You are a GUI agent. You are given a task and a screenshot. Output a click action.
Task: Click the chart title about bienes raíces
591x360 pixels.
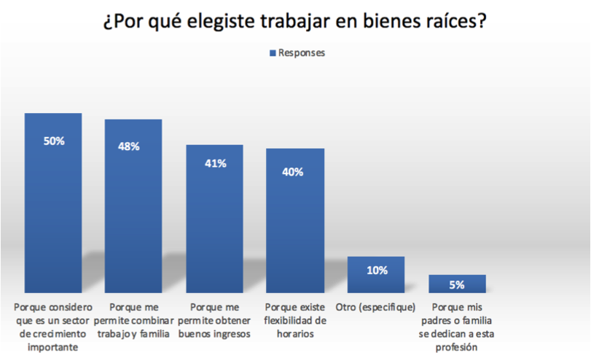point(295,22)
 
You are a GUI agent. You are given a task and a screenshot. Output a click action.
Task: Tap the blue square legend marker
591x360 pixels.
point(273,53)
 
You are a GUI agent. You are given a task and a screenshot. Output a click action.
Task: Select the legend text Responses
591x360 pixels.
point(302,53)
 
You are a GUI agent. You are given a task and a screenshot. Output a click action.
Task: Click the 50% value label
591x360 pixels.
point(54,141)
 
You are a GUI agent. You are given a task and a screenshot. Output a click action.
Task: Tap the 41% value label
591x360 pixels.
point(215,164)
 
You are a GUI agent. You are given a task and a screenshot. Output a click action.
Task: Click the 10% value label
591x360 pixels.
point(377,270)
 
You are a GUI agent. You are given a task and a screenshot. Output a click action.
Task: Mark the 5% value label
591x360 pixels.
point(458,285)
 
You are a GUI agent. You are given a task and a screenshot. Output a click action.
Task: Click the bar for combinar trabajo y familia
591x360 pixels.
point(133,219)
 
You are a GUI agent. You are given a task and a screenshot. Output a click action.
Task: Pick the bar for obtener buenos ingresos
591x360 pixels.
point(214,226)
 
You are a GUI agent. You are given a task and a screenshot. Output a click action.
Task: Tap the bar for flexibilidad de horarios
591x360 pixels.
point(294,233)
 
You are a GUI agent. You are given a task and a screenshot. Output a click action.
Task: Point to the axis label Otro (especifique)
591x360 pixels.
point(376,308)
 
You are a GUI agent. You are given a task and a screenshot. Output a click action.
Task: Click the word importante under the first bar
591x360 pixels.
point(54,347)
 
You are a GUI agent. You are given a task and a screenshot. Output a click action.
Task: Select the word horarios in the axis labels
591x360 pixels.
point(295,334)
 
